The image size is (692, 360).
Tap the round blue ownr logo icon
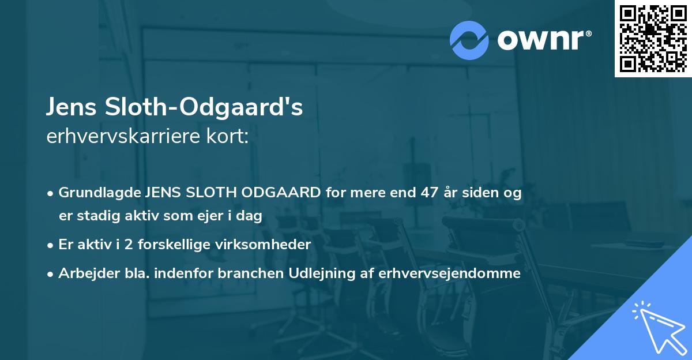tap(469, 40)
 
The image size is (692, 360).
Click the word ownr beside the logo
tap(543, 39)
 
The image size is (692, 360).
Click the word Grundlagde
tap(100, 193)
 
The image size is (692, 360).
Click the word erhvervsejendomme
tap(450, 273)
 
